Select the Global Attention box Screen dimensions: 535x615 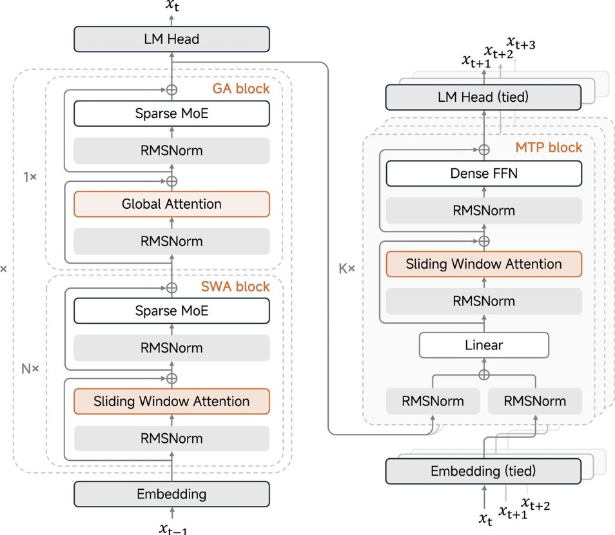[171, 204]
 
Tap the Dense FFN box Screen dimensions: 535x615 [483, 173]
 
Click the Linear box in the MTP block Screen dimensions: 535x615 [483, 345]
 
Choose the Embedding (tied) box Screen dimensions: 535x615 [483, 471]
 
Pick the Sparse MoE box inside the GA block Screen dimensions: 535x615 [171, 114]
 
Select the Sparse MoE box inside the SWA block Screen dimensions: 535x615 [171, 311]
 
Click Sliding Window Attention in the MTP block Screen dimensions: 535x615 [483, 264]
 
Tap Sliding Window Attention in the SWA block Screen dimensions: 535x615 [171, 401]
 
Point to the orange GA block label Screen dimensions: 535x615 [241, 89]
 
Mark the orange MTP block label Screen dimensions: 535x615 [549, 148]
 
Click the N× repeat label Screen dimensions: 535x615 [31, 369]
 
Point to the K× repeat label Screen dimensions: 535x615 [347, 266]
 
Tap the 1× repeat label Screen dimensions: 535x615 [30, 176]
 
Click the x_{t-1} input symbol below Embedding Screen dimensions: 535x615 [173, 528]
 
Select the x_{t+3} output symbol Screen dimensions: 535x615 [522, 43]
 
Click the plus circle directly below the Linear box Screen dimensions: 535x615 [483, 374]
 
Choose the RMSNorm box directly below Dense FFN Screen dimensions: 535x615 [483, 211]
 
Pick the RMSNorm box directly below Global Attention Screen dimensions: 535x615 [171, 242]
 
